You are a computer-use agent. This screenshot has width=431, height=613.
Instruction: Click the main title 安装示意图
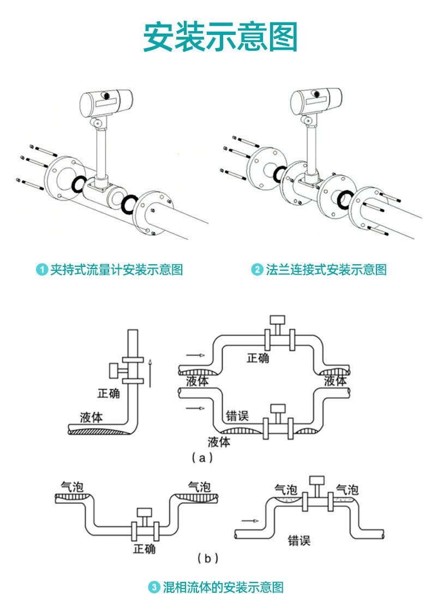click(220, 37)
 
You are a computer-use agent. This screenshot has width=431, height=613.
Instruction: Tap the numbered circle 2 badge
click(257, 270)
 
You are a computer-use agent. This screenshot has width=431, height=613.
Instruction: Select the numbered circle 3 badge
click(154, 588)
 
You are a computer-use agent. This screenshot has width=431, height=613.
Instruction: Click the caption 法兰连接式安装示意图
click(326, 270)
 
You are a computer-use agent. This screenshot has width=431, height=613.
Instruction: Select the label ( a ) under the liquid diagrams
click(202, 458)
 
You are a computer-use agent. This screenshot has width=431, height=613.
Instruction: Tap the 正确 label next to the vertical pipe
click(109, 393)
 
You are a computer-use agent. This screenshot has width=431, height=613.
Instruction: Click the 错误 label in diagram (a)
click(237, 416)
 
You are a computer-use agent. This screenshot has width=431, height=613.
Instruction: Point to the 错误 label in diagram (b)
click(300, 541)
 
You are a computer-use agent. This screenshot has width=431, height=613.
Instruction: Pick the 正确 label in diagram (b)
click(144, 549)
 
